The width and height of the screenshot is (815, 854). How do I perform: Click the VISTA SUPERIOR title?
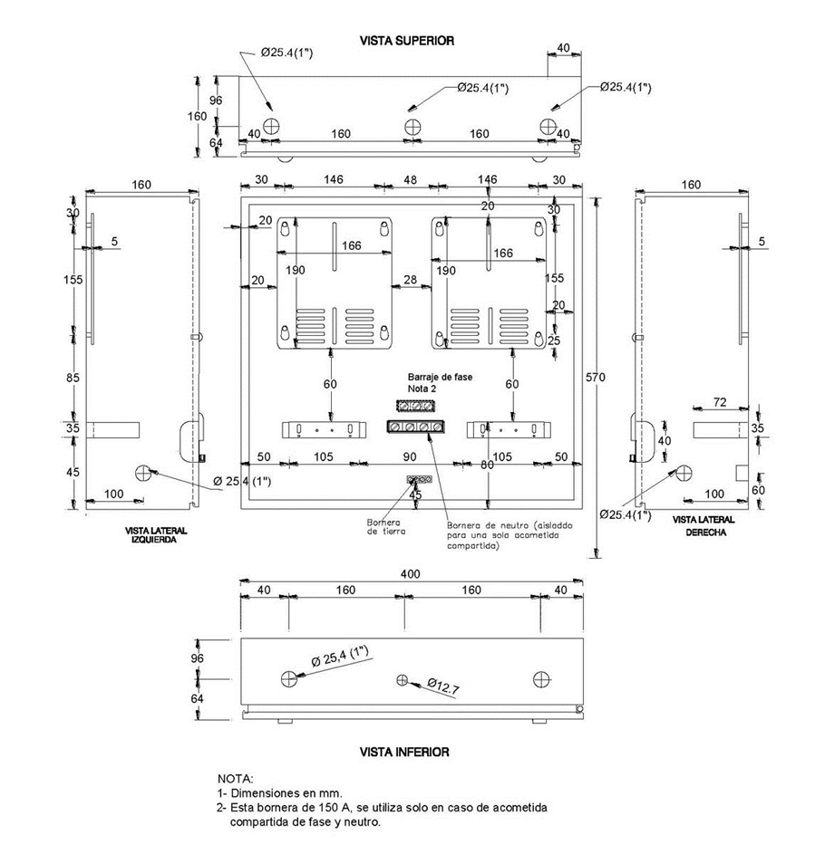coord(406,41)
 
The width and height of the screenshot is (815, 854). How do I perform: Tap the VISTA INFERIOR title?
coord(404,752)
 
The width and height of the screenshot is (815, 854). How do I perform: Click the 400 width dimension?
coord(411,575)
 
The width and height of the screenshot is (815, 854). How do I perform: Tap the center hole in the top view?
coord(412,125)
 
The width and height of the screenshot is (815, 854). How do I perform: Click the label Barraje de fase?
coord(440,376)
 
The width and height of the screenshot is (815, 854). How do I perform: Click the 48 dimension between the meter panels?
coord(412,180)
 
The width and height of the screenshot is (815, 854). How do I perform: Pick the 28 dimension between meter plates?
coord(411,282)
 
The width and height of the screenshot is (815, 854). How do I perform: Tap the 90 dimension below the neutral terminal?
coord(410,456)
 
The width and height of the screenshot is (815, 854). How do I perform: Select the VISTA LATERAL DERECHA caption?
coord(703,526)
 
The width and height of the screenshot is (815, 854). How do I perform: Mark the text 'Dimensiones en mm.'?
coord(287,792)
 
